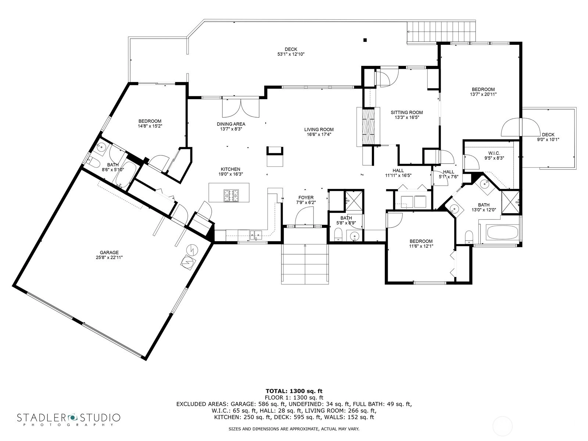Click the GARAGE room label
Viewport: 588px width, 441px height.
(109, 252)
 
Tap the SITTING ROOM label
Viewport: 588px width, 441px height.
(407, 112)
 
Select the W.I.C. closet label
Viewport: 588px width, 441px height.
(494, 153)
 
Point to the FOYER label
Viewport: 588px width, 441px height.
(306, 198)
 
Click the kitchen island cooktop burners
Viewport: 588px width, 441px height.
(231, 195)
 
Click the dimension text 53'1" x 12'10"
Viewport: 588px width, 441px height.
(291, 54)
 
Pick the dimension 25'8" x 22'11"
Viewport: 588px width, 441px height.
(109, 258)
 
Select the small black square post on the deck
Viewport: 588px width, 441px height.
(365, 40)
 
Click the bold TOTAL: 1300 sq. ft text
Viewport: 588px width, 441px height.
(294, 391)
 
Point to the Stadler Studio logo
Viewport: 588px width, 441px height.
(69, 419)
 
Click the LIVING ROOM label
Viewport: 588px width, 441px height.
(319, 130)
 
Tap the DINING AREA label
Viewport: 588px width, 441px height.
(231, 124)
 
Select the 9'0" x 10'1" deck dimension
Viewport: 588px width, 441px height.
(548, 140)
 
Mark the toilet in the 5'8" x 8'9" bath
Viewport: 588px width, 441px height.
(338, 235)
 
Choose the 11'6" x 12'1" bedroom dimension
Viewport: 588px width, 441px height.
(421, 246)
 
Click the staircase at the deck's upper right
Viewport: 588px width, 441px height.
(441, 32)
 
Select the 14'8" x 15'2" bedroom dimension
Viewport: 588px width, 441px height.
(150, 126)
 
